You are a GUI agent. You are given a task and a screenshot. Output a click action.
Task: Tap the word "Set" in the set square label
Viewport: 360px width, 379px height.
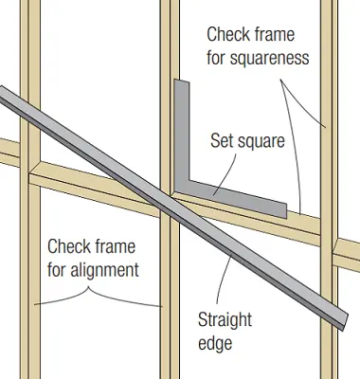click(223, 142)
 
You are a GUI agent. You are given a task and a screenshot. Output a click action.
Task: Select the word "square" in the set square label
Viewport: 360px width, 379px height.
click(261, 143)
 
